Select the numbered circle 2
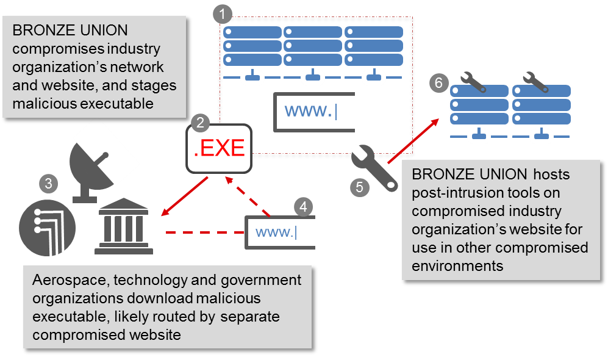point(199,122)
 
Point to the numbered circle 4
point(303,206)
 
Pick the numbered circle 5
point(359,187)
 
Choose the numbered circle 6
point(438,82)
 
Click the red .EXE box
point(219,148)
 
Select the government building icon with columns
point(124,226)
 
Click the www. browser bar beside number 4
point(281,232)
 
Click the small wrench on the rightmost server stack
point(537,81)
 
